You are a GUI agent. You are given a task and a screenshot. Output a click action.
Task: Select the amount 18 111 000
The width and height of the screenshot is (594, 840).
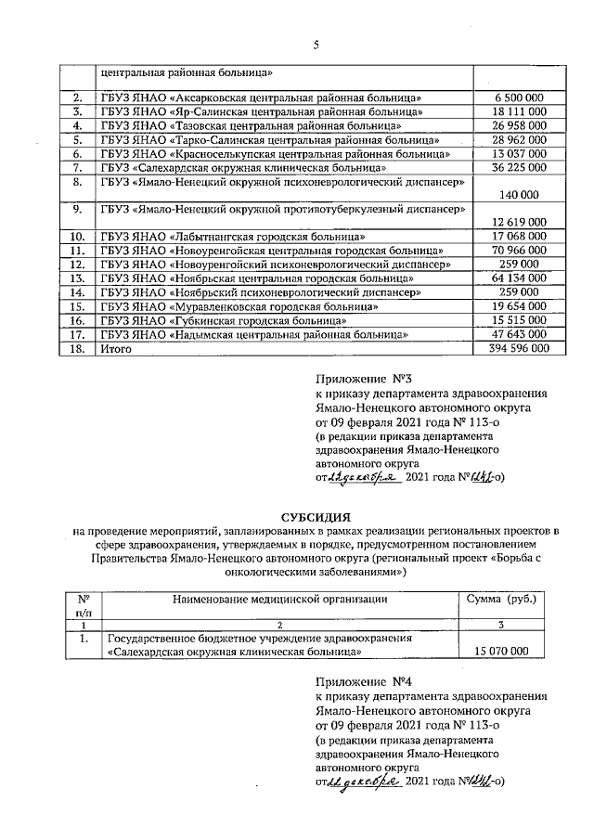click(x=520, y=111)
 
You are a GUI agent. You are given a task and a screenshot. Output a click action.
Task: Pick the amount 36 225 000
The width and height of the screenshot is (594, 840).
click(x=520, y=168)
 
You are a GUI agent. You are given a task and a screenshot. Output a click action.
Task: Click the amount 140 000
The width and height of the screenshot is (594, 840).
click(x=520, y=196)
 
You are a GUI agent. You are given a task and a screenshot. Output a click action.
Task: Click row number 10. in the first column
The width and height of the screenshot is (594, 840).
click(x=78, y=237)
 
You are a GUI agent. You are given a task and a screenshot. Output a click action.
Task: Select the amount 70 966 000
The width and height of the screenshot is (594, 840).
click(x=520, y=251)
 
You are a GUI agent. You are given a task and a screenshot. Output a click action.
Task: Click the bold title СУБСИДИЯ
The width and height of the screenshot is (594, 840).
click(x=314, y=515)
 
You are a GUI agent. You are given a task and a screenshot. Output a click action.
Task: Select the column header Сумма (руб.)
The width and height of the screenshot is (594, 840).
click(x=513, y=600)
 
